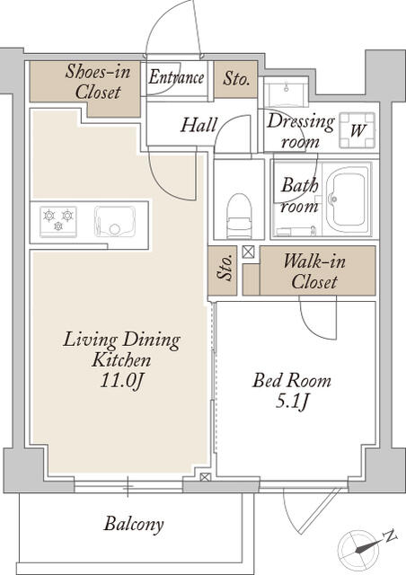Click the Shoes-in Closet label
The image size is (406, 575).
pos(98,81)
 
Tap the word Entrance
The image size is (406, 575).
pos(176,77)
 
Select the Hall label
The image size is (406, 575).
pos(199,125)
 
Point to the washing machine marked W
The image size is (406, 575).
pos(357,130)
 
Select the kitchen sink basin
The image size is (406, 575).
pos(115,221)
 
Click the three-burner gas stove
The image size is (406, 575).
pos(58,221)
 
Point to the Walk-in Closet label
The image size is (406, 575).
pos(314,271)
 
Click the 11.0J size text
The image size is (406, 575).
pos(121,381)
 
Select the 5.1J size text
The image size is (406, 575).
pos(292,402)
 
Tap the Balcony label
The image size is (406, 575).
pos(134,524)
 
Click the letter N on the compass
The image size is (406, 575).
pos(390,536)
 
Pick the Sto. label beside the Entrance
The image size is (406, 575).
pos(236,78)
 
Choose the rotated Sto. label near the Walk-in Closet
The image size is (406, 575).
pos(225,268)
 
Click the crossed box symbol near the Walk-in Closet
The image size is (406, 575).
pos(248,252)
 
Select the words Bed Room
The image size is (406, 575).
pos(292,380)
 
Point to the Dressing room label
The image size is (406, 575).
pos(301,131)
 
